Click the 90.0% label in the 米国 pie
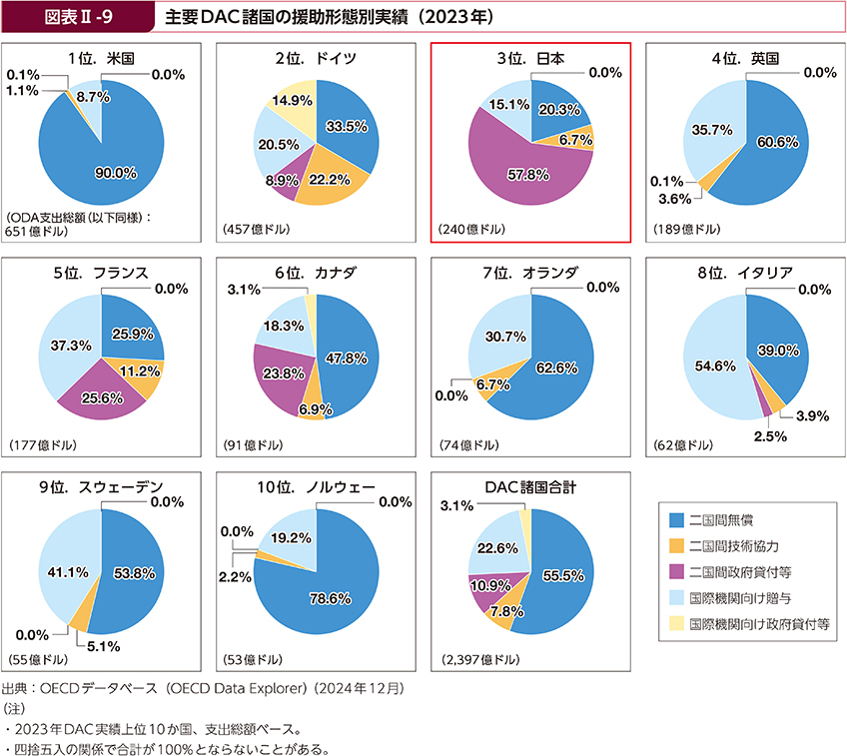click(x=115, y=173)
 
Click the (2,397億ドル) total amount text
click(x=479, y=660)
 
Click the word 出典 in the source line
click(x=15, y=689)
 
